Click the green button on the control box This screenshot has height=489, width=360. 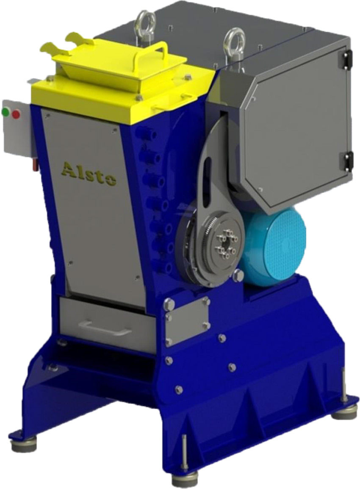[x=6, y=111]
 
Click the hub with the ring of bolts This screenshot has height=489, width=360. [x=226, y=244]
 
